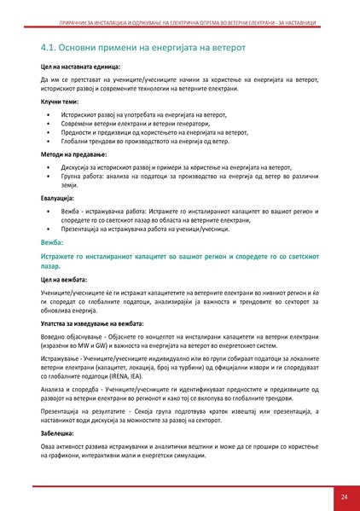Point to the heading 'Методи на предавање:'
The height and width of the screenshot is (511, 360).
[73, 155]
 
